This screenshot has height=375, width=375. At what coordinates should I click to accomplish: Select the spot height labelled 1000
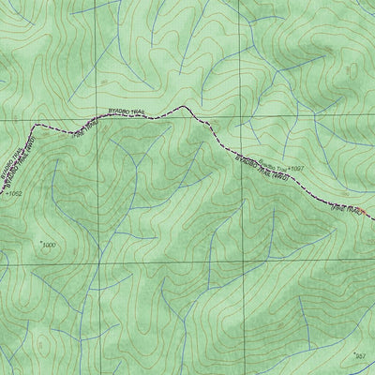pos(48,245)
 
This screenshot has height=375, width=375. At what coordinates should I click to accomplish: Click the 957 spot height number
pos(361,355)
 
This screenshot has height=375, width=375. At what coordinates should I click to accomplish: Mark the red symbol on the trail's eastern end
pos(363,214)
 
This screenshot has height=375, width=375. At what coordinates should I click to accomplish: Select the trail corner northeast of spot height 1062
pos(36,127)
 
